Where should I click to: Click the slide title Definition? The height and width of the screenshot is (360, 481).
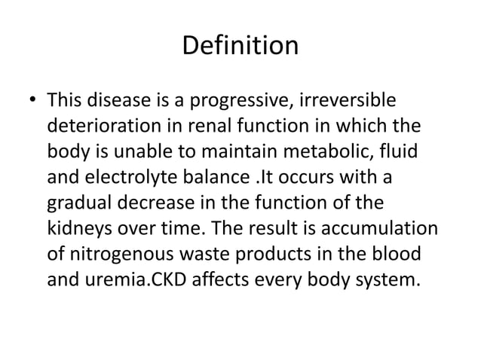click(240, 47)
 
